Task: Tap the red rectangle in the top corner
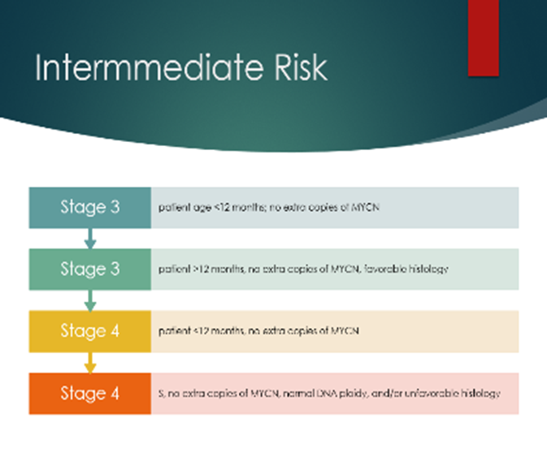(x=483, y=37)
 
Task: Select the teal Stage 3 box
(x=89, y=207)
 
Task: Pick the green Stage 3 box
(x=89, y=269)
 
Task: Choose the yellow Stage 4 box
(x=89, y=331)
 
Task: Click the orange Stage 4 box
(x=89, y=394)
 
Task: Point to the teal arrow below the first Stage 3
(x=90, y=238)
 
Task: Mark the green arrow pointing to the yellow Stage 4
(x=90, y=300)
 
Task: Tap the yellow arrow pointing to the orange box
(x=90, y=363)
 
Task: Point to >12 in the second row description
(x=194, y=269)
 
